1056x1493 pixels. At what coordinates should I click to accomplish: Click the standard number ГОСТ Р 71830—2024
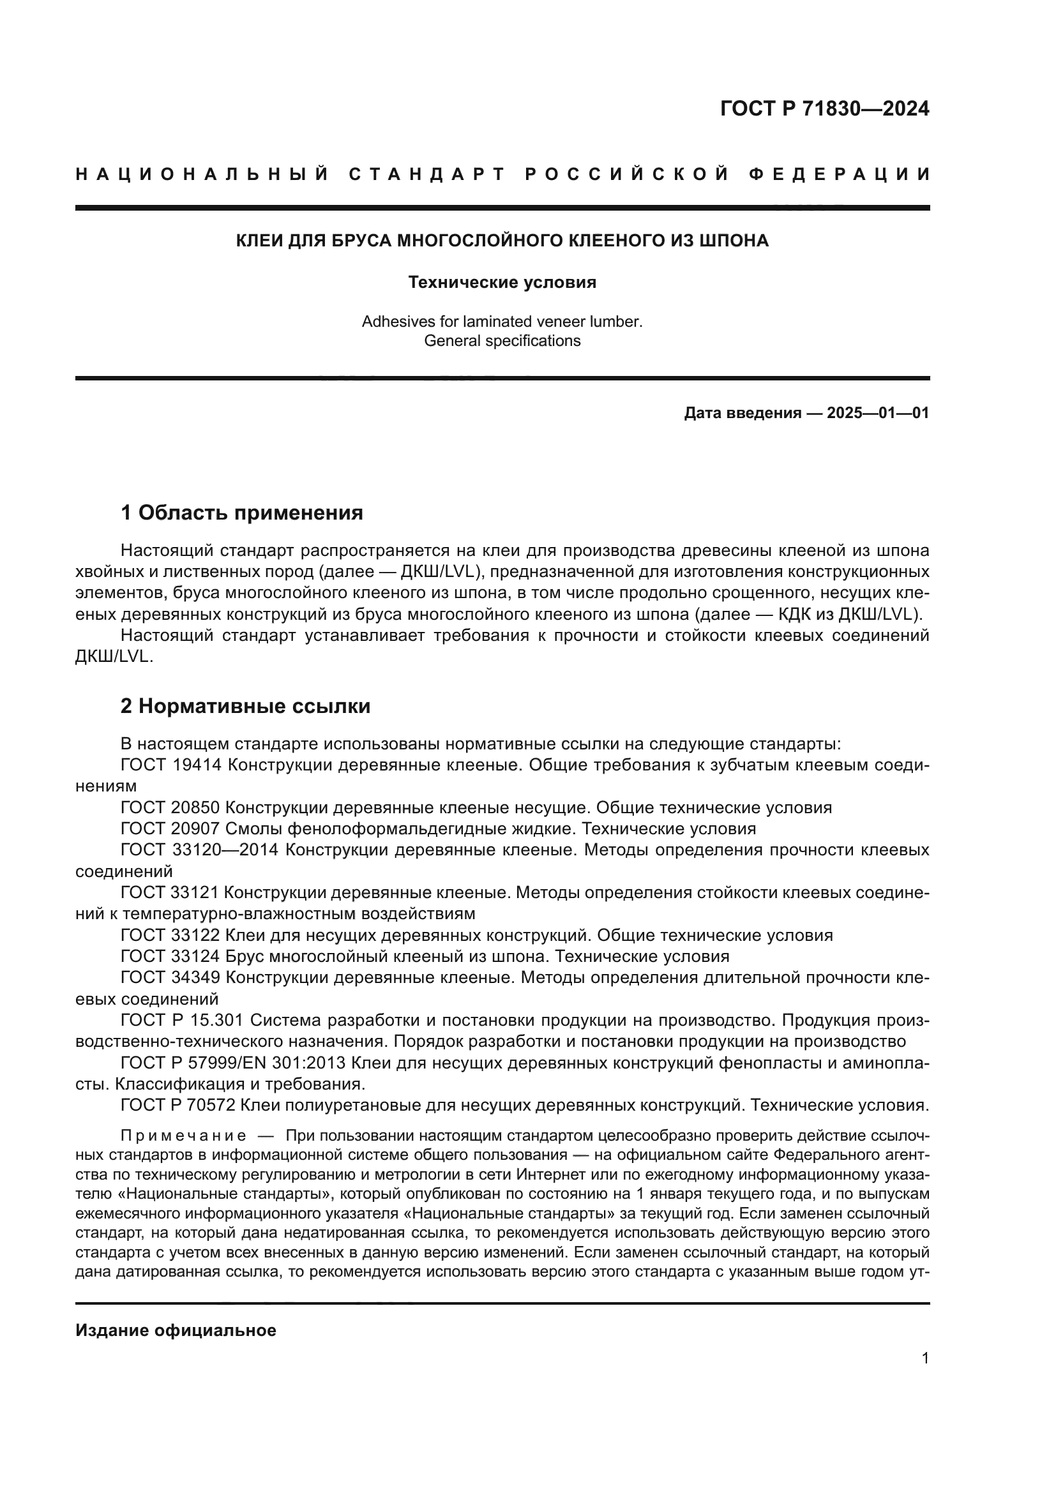(824, 109)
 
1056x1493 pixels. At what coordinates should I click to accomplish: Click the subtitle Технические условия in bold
(502, 282)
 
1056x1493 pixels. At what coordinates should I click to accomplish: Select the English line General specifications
(502, 341)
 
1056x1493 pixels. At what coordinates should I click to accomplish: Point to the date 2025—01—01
(877, 413)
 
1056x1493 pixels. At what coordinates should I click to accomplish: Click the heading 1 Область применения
(241, 513)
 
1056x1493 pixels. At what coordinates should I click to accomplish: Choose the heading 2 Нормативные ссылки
(245, 706)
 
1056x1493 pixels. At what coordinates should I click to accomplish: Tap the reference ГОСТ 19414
(171, 765)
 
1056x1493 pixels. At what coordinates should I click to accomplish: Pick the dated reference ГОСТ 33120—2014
(199, 850)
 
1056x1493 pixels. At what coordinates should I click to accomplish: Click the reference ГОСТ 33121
(171, 894)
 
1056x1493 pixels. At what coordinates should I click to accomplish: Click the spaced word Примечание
(183, 1136)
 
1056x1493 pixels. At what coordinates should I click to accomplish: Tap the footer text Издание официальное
(176, 1330)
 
